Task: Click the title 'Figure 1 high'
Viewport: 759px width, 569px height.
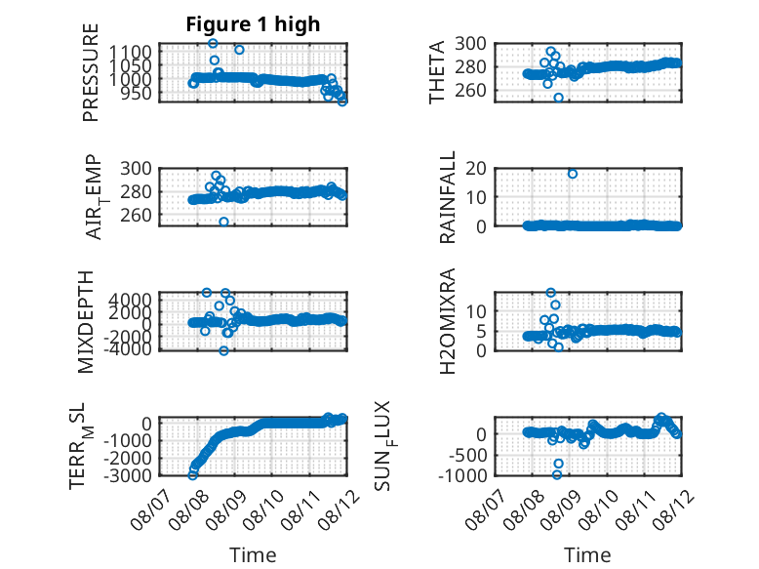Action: pos(253,24)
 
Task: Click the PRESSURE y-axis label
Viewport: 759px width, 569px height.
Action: pos(91,72)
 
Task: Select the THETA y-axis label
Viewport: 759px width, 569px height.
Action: pos(437,72)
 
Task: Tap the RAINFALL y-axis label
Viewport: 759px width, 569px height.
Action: pos(447,197)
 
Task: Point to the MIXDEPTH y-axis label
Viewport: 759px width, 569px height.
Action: pos(85,322)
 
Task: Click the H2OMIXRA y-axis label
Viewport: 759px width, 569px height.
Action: pos(447,321)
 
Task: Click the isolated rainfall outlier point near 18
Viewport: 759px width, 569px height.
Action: pos(573,174)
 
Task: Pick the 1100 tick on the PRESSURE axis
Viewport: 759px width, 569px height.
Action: pos(130,52)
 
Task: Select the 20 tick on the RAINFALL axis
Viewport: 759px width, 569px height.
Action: pos(476,168)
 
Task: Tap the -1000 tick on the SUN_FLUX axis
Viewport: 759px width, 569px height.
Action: pos(462,475)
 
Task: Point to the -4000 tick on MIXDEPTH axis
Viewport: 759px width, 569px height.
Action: pos(128,348)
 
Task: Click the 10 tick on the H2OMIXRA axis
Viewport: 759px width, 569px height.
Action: pos(477,311)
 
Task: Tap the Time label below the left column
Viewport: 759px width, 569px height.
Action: pos(253,554)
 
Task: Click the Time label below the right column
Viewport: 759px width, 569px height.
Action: pos(587,554)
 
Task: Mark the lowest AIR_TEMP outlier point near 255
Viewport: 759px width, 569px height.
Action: pos(223,222)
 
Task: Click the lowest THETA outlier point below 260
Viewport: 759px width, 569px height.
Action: pos(558,98)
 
